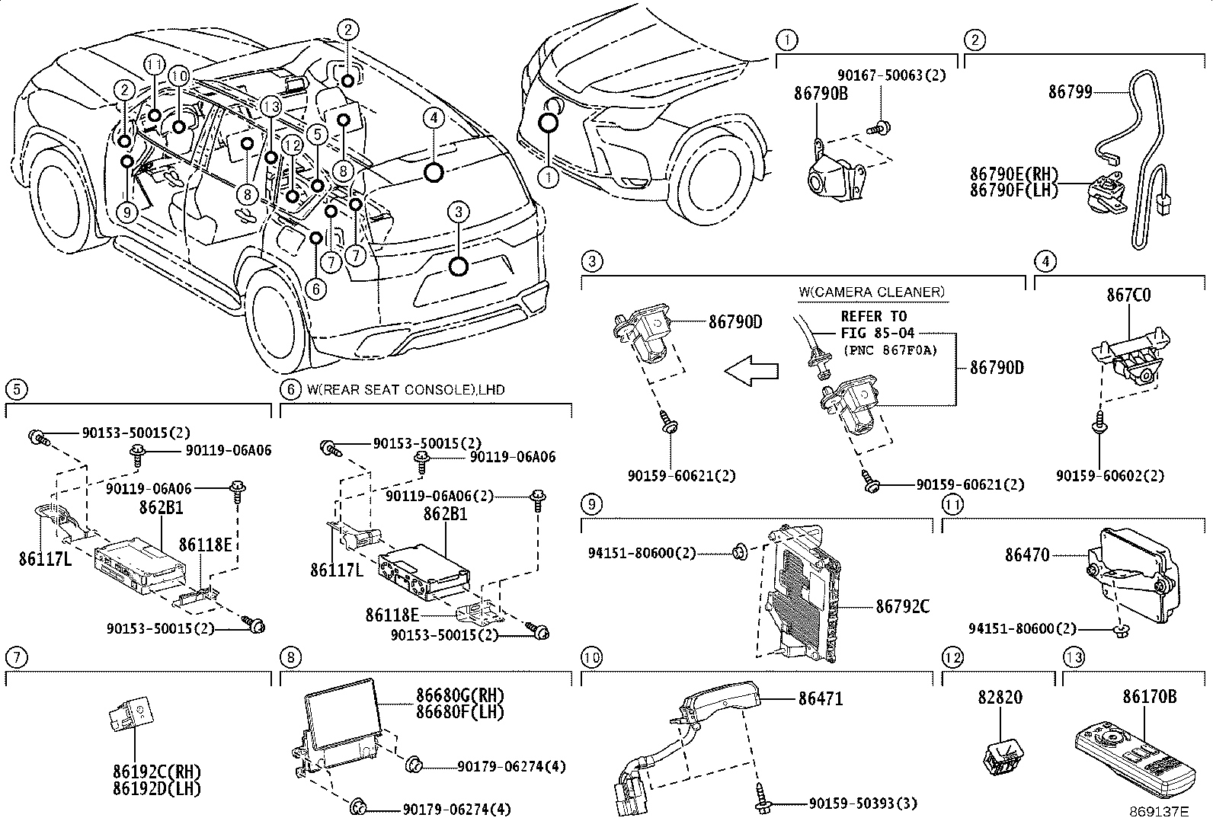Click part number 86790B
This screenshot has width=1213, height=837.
820,94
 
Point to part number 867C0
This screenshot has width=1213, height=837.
1128,295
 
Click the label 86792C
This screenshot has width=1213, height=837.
902,606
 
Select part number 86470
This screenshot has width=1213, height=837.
1026,556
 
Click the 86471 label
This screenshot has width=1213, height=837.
821,698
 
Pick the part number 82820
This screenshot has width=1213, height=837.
1000,697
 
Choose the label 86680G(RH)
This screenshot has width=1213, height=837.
459,695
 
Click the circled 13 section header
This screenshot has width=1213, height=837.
1073,657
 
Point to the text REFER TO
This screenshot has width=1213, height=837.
873,316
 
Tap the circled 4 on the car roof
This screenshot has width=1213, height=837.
433,118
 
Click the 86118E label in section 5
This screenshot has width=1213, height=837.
205,544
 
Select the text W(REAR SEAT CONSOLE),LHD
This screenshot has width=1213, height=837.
405,389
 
